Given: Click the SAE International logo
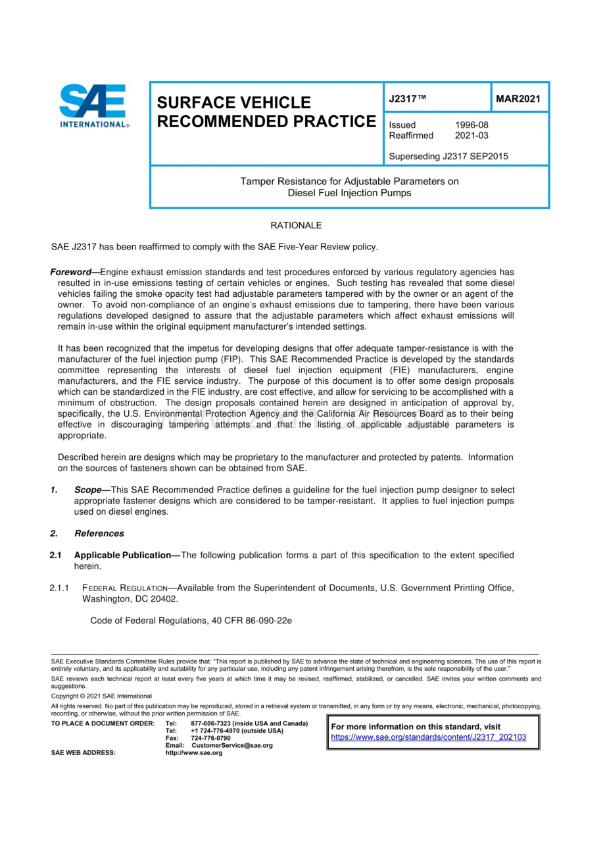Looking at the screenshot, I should pyautogui.click(x=94, y=106).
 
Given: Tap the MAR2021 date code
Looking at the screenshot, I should pyautogui.click(x=518, y=99).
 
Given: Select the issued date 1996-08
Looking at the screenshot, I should pyautogui.click(x=472, y=125).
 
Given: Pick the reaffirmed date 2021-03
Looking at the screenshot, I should pyautogui.click(x=472, y=136).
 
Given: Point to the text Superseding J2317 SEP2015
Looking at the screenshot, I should pyautogui.click(x=448, y=157).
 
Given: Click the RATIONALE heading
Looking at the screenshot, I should pyautogui.click(x=296, y=225).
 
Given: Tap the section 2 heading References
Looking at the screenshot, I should pyautogui.click(x=99, y=533).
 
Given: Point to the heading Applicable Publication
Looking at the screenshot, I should pyautogui.click(x=123, y=556).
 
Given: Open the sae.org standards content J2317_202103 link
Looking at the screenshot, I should pyautogui.click(x=428, y=737).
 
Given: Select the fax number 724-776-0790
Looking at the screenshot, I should pyautogui.click(x=210, y=739).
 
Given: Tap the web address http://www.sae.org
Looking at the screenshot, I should pyautogui.click(x=193, y=753).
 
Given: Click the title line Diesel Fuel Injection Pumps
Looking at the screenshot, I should pyautogui.click(x=349, y=193).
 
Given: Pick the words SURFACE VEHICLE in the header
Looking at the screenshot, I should pyautogui.click(x=233, y=103).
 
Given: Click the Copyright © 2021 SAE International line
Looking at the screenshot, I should pyautogui.click(x=101, y=696).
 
